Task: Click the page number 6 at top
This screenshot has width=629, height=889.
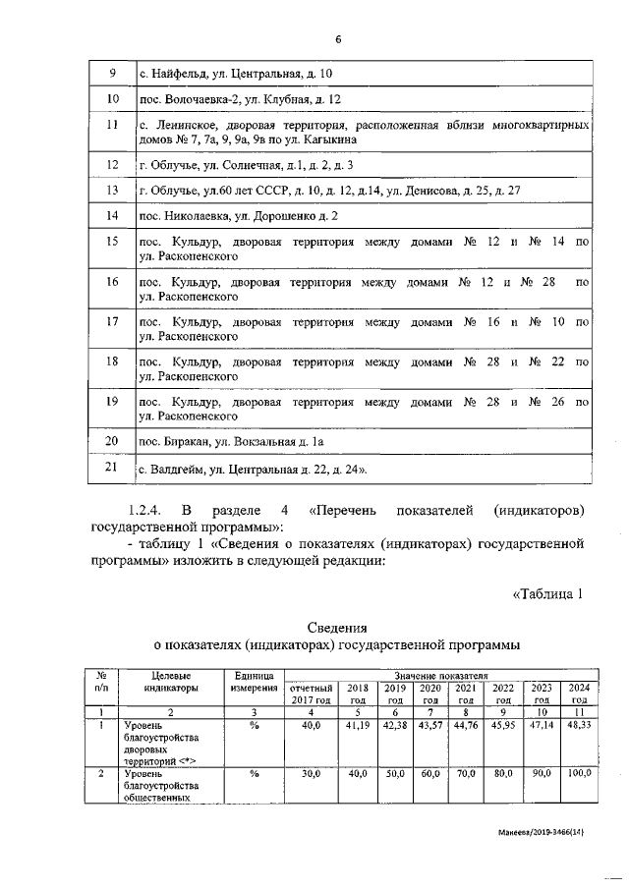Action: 338,39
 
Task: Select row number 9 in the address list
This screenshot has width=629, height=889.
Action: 112,75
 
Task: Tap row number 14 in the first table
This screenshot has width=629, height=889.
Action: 112,215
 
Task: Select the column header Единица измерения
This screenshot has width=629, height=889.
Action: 254,682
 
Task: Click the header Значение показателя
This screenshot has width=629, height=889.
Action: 441,676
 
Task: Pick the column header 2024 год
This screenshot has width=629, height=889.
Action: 579,694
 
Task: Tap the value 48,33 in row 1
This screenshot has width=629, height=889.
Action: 579,726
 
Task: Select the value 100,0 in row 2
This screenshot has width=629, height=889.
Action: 579,774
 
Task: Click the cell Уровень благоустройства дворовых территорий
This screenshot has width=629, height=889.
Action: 163,744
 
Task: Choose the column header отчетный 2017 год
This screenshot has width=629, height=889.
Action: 312,694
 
